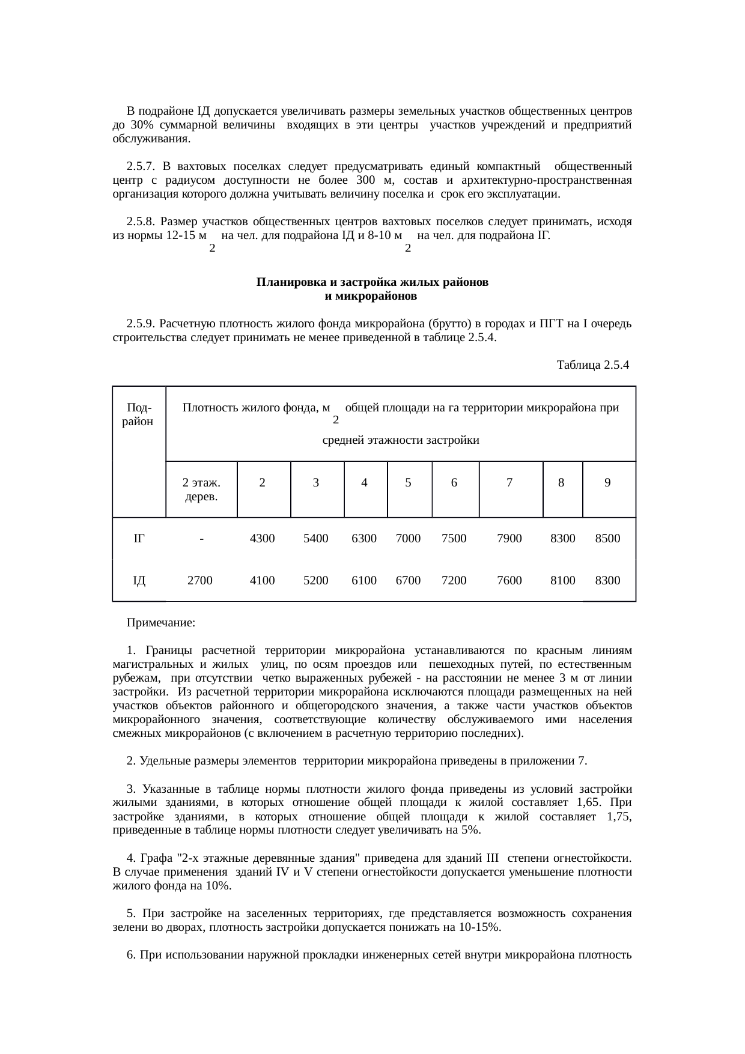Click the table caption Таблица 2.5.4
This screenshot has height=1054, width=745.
[592, 365]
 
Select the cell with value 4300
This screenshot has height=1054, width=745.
[262, 539]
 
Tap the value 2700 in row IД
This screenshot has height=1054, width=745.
[199, 581]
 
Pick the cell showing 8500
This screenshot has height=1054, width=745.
[607, 539]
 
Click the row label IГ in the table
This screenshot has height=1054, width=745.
[139, 539]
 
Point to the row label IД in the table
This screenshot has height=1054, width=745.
[139, 581]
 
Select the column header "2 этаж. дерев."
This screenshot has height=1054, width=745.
[201, 489]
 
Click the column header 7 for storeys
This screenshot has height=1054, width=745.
[509, 482]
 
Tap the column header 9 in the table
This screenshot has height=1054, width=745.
[607, 482]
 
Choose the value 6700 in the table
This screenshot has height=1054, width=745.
[408, 581]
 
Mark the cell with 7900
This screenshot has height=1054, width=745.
[509, 539]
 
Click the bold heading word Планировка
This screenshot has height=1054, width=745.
[287, 282]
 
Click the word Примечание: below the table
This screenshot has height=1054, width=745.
[161, 623]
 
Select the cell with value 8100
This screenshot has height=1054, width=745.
[563, 581]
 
